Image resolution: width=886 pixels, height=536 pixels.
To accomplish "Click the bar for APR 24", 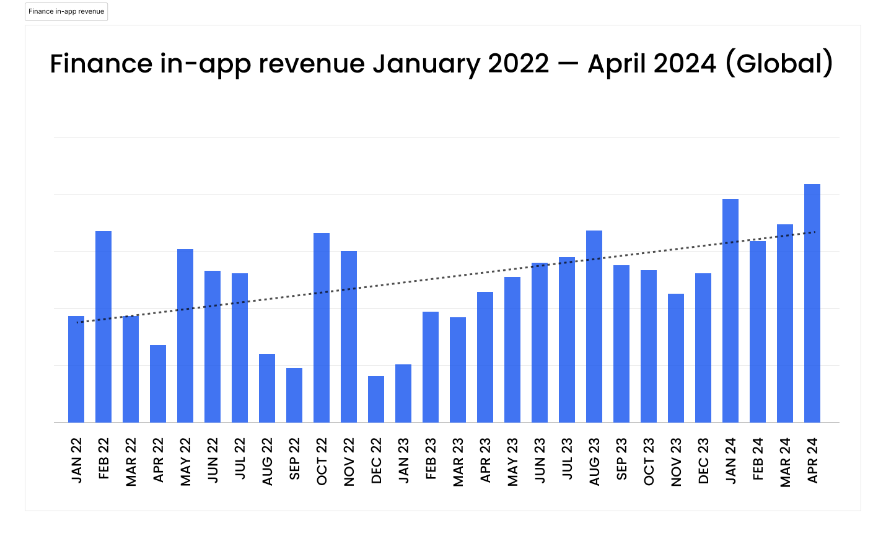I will tap(812, 303).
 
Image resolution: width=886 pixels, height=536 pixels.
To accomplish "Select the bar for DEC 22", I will tap(375, 399).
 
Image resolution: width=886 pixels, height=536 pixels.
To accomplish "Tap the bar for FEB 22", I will tap(103, 327).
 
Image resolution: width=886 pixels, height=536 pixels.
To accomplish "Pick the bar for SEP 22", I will tap(294, 395).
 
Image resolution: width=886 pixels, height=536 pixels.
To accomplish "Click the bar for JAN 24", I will tap(730, 310).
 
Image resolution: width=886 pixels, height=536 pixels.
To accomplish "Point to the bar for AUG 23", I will tap(594, 326).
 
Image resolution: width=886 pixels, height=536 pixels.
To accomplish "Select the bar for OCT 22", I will tap(322, 327).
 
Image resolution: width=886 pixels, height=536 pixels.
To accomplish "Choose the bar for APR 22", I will tap(158, 384).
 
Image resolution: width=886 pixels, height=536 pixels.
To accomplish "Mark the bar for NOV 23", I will tap(675, 358).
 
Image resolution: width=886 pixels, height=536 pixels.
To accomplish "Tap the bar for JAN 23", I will tap(403, 393).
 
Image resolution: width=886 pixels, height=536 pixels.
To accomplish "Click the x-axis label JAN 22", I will tap(77, 460).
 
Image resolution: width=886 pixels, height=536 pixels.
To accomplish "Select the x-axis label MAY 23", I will tap(513, 462).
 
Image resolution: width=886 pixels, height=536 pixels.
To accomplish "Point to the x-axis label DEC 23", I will tap(704, 462).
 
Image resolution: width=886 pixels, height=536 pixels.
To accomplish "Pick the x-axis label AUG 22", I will tap(268, 462).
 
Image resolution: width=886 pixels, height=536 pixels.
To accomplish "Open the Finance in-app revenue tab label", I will tap(66, 12).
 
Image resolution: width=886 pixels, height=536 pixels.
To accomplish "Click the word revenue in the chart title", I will tap(311, 64).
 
